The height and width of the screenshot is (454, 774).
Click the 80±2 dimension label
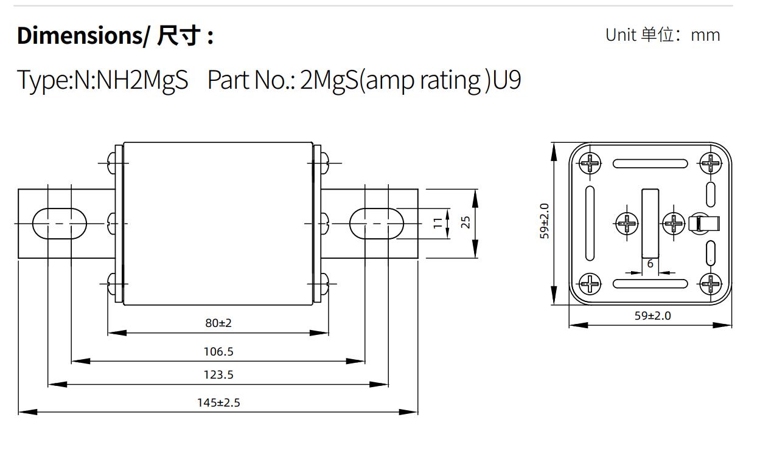click(x=218, y=323)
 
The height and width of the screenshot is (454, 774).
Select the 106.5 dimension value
click(x=218, y=351)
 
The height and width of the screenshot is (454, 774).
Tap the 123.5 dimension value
click(x=218, y=374)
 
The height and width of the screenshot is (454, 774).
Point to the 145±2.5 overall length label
click(x=218, y=402)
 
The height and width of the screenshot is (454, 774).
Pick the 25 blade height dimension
click(x=466, y=222)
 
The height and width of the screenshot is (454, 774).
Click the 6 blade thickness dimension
click(x=650, y=264)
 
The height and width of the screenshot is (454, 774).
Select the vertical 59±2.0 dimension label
click(x=545, y=221)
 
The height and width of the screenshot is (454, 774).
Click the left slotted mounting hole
click(x=60, y=223)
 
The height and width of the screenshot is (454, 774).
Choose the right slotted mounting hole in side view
click(x=377, y=223)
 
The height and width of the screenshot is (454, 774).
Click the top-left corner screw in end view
click(x=590, y=163)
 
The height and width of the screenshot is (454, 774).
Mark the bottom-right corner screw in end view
click(x=710, y=283)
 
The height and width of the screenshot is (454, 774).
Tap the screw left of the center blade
click(x=626, y=223)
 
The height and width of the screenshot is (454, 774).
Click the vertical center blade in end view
click(x=650, y=222)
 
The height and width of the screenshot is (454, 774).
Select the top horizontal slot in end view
click(x=650, y=163)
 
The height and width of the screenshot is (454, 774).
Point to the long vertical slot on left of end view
click(x=590, y=223)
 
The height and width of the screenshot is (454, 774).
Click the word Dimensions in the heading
click(x=79, y=36)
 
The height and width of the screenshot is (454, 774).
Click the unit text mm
click(x=706, y=35)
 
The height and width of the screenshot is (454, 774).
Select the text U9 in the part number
click(x=507, y=80)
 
